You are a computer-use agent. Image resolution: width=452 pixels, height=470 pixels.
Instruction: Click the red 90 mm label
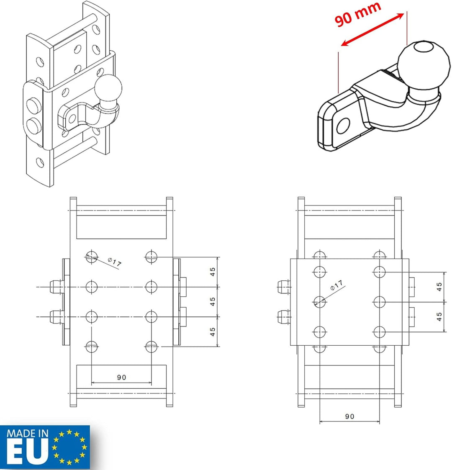point(357,14)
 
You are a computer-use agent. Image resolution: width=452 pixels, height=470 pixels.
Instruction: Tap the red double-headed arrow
point(372,30)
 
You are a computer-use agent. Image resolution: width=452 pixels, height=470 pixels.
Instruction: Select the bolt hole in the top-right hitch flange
point(343,126)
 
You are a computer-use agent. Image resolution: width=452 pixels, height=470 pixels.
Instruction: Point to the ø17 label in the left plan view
point(115,262)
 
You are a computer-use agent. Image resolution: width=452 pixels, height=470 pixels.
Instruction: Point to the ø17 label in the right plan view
point(336,285)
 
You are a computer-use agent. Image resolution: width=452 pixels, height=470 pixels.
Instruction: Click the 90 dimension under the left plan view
point(121,378)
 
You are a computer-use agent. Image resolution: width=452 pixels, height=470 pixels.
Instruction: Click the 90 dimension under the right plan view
point(349,416)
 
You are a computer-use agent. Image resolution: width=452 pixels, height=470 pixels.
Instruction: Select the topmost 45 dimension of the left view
point(213,272)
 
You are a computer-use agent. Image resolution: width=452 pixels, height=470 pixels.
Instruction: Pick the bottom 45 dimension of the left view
point(213,331)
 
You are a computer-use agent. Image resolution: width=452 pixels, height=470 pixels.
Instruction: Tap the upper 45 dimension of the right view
point(439,287)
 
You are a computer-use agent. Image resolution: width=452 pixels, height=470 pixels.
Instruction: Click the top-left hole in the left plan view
point(91,257)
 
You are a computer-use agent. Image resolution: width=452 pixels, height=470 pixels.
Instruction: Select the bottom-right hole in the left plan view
point(151,347)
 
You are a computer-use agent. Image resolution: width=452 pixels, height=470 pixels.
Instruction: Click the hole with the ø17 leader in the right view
point(320,302)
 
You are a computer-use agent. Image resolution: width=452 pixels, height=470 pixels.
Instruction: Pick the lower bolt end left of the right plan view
point(284,317)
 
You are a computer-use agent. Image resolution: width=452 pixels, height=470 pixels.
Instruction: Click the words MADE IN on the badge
point(27,433)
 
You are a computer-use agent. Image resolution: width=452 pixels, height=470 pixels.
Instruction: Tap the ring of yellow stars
point(69,447)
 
